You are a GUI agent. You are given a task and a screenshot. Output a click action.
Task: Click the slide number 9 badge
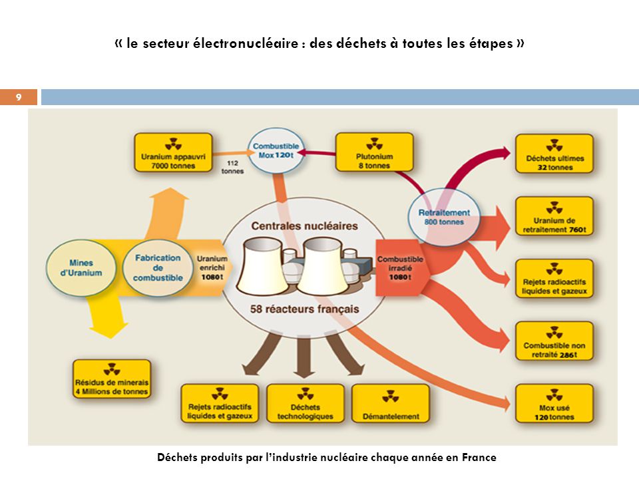18,98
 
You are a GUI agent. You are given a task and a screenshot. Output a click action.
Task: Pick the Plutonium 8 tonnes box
374,152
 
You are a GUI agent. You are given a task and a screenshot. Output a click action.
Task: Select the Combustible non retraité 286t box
554,341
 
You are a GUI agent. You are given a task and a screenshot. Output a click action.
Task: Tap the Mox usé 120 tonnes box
554,404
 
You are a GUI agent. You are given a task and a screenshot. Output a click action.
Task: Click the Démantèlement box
391,403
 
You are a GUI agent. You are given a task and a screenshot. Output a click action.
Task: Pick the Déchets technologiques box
306,403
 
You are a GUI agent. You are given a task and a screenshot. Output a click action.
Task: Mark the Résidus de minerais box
112,379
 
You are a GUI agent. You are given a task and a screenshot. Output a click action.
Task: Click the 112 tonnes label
233,166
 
